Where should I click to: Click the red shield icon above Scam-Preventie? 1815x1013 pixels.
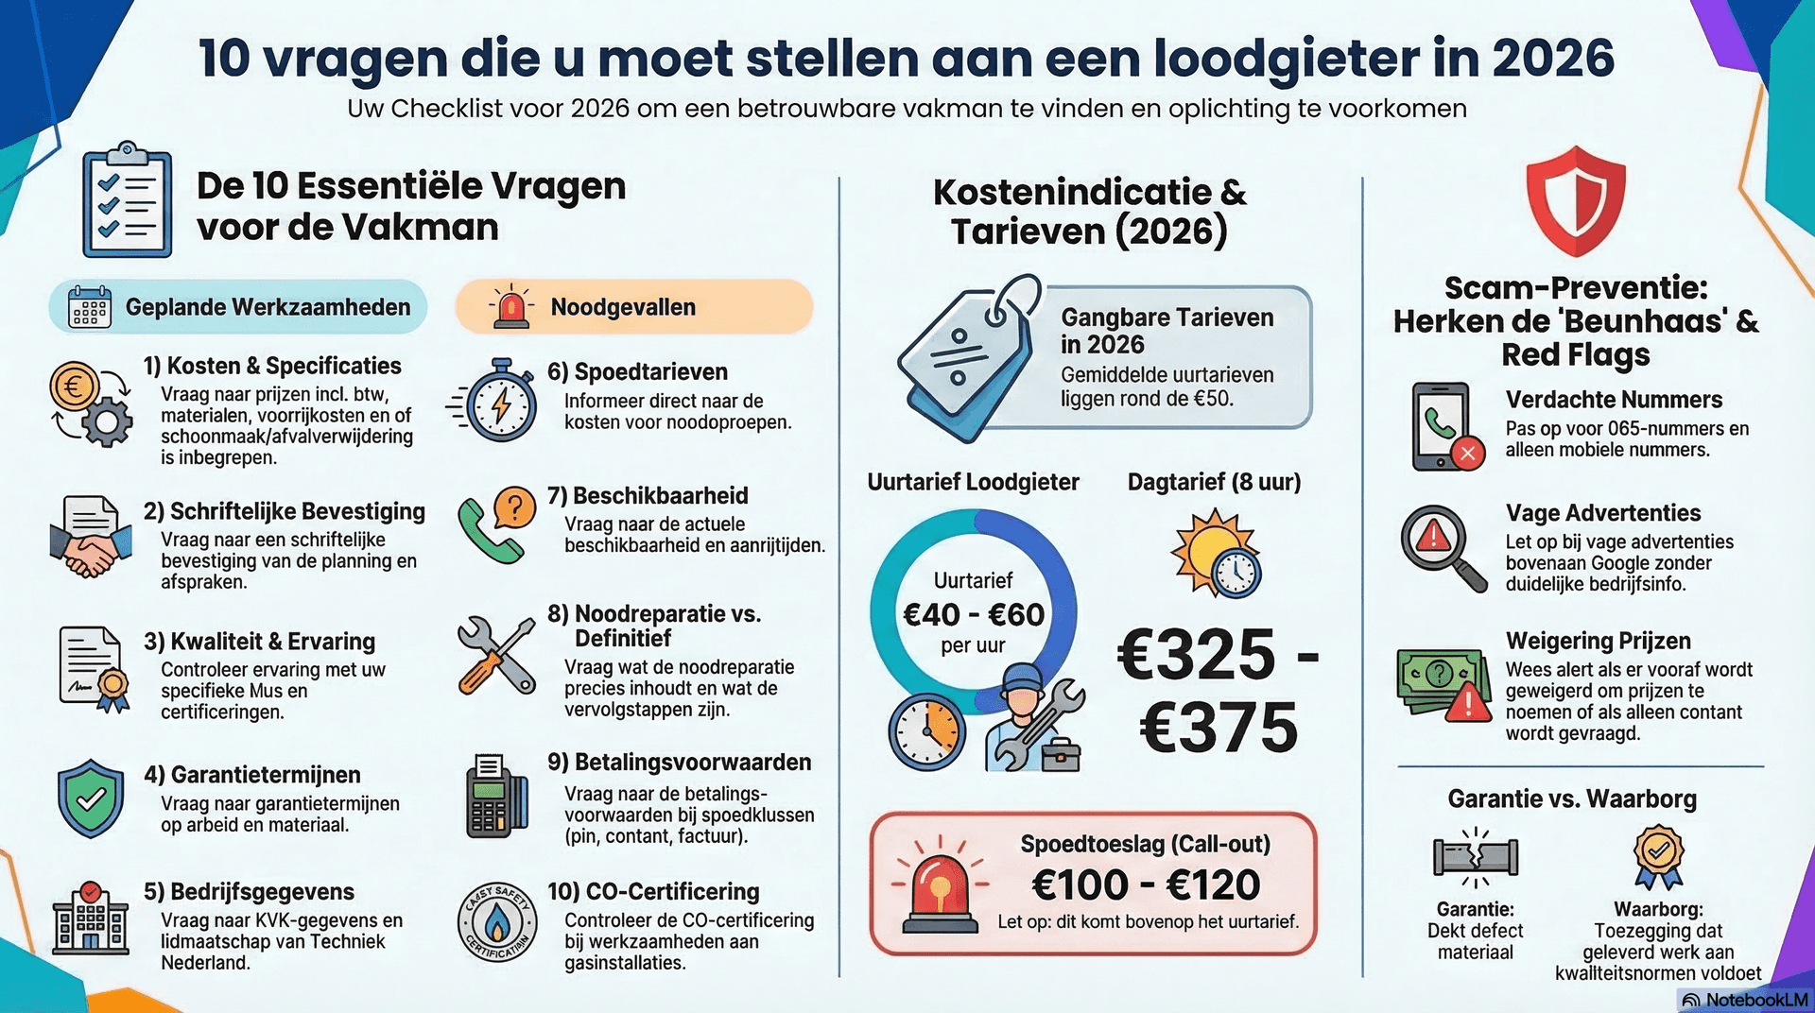click(x=1575, y=201)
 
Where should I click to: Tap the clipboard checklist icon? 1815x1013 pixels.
click(x=127, y=201)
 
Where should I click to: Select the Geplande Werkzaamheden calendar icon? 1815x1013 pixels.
click(x=90, y=307)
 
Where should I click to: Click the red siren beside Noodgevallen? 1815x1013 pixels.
click(x=510, y=308)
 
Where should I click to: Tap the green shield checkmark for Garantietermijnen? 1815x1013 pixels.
click(x=91, y=798)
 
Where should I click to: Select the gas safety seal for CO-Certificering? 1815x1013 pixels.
click(x=498, y=922)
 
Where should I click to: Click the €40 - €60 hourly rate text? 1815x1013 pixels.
click(x=974, y=614)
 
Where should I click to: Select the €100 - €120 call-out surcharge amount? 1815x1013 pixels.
click(x=1146, y=885)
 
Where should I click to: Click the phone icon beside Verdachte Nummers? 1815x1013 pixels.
click(x=1443, y=427)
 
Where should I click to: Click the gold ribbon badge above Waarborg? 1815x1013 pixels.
click(x=1659, y=855)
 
